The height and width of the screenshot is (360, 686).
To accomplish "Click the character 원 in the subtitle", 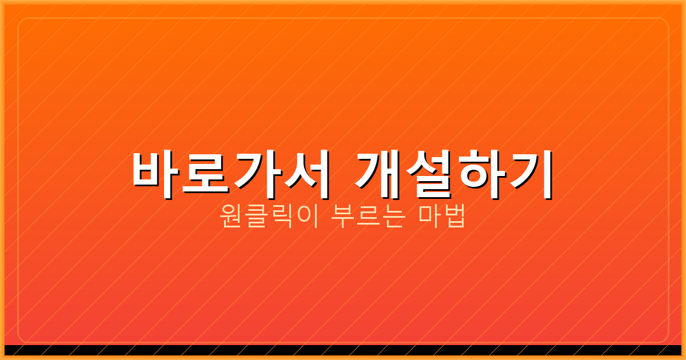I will (230, 218).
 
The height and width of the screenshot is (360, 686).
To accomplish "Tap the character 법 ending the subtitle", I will (454, 218).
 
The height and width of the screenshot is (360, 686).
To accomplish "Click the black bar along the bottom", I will (343, 350).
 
